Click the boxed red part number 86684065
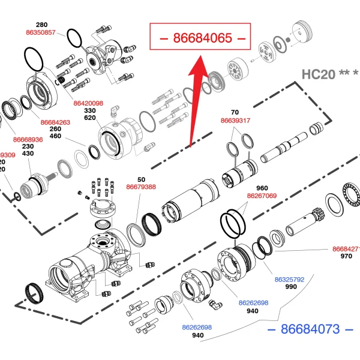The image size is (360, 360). point(202,38)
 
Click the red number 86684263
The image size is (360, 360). point(55,122)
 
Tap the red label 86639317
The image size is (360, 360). point(236,121)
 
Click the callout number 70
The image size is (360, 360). point(235,112)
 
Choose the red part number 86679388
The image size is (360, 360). point(141,187)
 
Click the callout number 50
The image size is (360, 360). point(142,179)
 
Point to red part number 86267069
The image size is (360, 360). point(262,196)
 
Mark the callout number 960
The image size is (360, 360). point(262,188)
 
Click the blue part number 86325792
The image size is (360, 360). point(290,280)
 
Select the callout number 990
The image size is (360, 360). point(291,287)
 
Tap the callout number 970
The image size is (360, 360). point(346,256)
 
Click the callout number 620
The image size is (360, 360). point(90,118)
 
